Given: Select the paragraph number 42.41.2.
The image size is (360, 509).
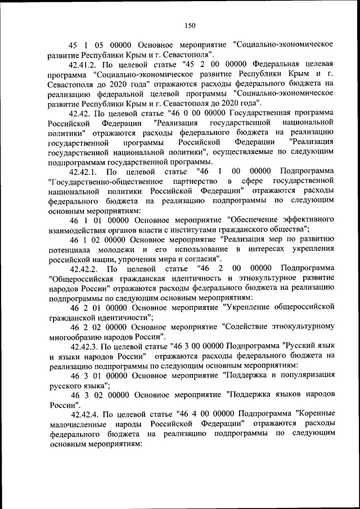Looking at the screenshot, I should pyautogui.click(x=86, y=65).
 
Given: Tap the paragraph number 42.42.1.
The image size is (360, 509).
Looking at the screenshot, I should pyautogui.click(x=85, y=170).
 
